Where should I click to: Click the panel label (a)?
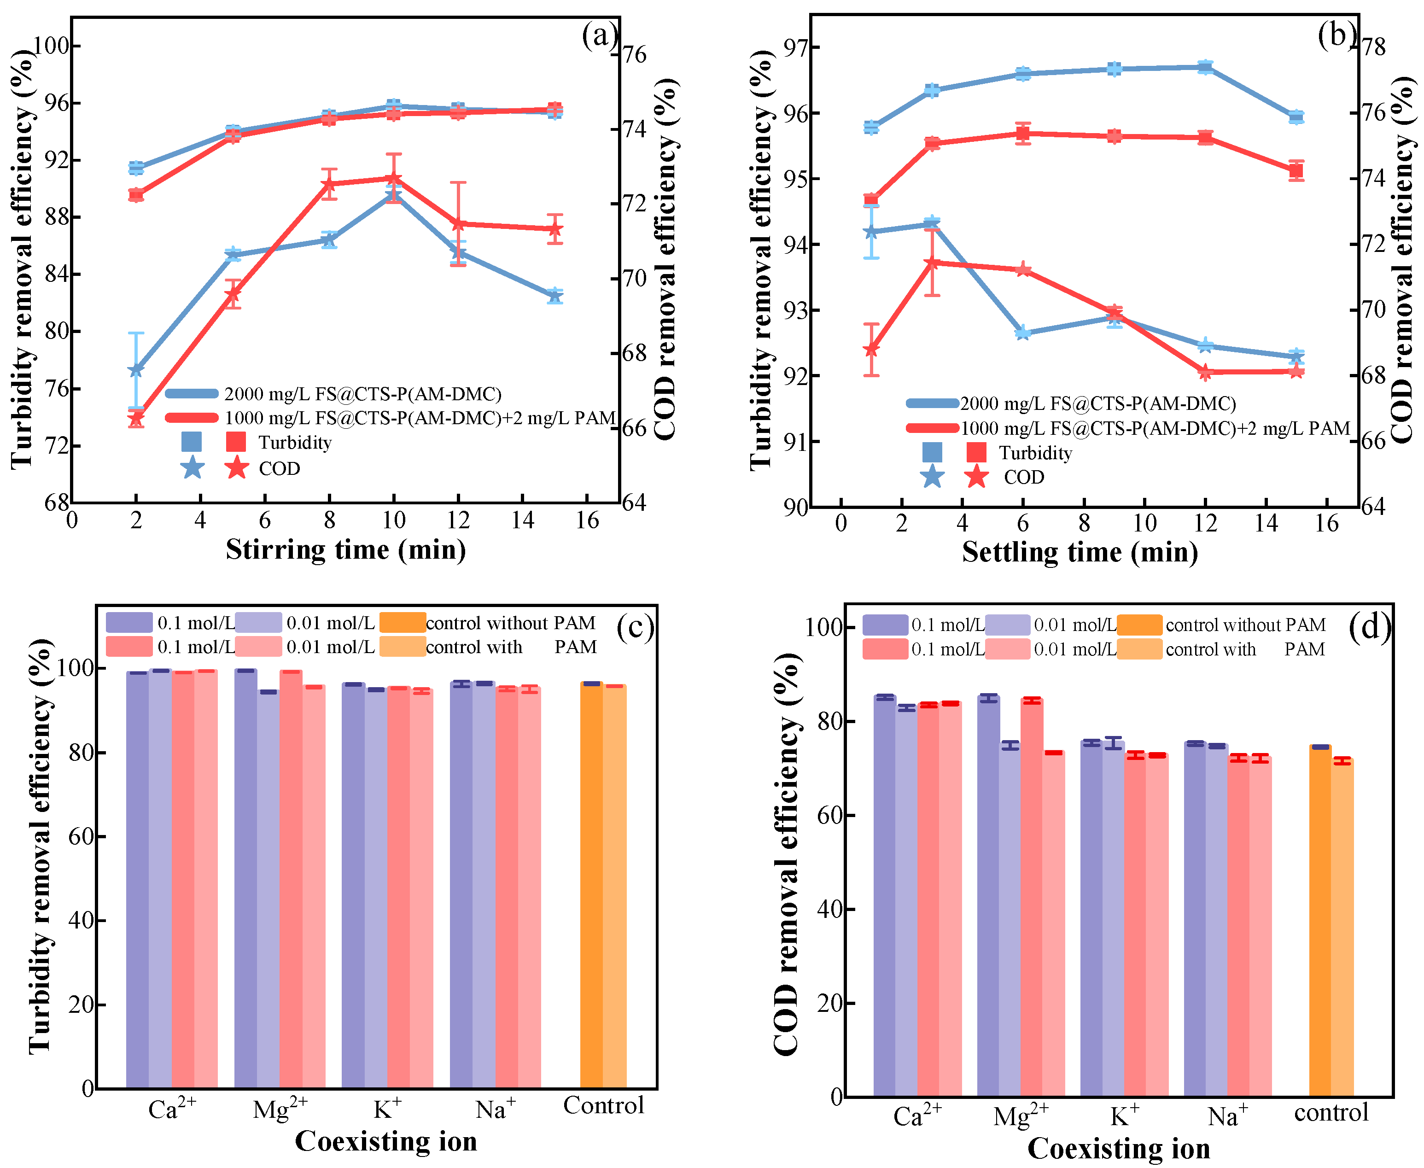click(599, 35)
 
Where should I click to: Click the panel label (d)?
click(1369, 627)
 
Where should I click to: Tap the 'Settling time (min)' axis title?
click(1079, 552)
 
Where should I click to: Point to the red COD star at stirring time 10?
click(393, 178)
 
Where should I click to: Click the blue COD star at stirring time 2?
click(136, 369)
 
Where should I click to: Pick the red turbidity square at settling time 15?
click(1296, 171)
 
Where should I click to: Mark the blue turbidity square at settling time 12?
click(1205, 67)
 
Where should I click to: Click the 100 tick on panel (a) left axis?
click(52, 46)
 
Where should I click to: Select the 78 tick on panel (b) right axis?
click(1373, 47)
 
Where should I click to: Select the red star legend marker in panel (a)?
click(236, 467)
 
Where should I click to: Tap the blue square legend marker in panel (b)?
click(932, 452)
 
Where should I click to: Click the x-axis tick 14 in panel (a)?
click(523, 520)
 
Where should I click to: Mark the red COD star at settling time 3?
click(932, 263)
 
